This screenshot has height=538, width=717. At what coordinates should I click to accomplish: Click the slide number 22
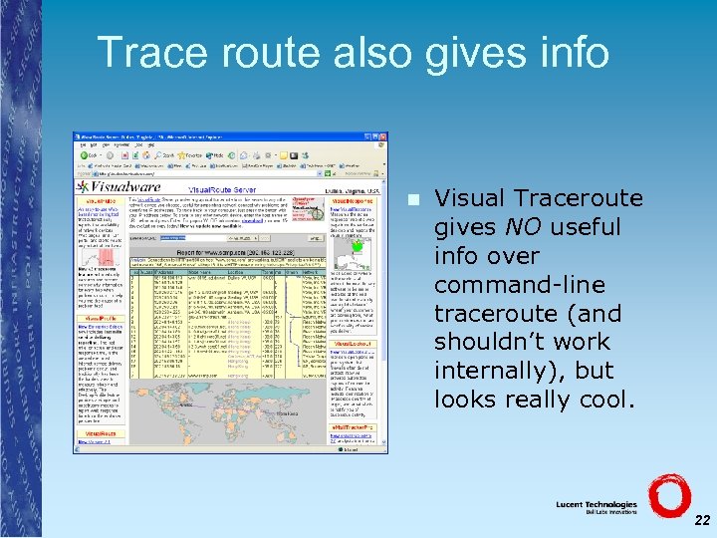[702, 520]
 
